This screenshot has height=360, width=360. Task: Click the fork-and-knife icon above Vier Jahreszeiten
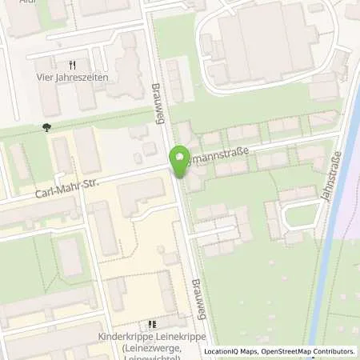[72, 65]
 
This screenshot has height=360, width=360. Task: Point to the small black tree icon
[46, 126]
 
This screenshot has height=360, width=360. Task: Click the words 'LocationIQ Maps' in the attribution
[228, 351]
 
